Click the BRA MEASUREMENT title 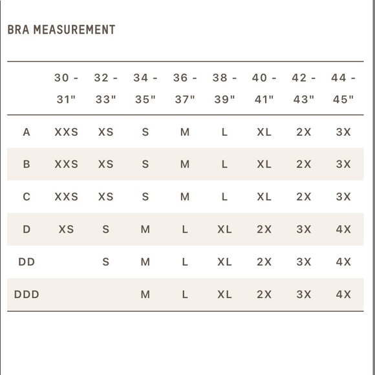point(61,30)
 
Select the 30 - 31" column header point(66,89)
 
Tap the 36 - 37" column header point(185,89)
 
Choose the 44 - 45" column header point(343,89)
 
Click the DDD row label point(27,295)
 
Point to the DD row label point(27,262)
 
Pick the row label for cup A point(27,132)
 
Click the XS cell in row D point(66,230)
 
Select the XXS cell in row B point(66,164)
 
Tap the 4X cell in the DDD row point(343,295)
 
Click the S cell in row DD point(106,262)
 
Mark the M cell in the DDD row point(145,295)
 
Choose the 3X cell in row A point(343,132)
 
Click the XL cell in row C point(264,197)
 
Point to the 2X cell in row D point(264,230)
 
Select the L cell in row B point(224,164)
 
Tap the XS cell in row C point(106,197)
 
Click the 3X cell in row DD point(304,262)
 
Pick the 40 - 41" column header point(264,89)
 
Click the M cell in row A point(185,132)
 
